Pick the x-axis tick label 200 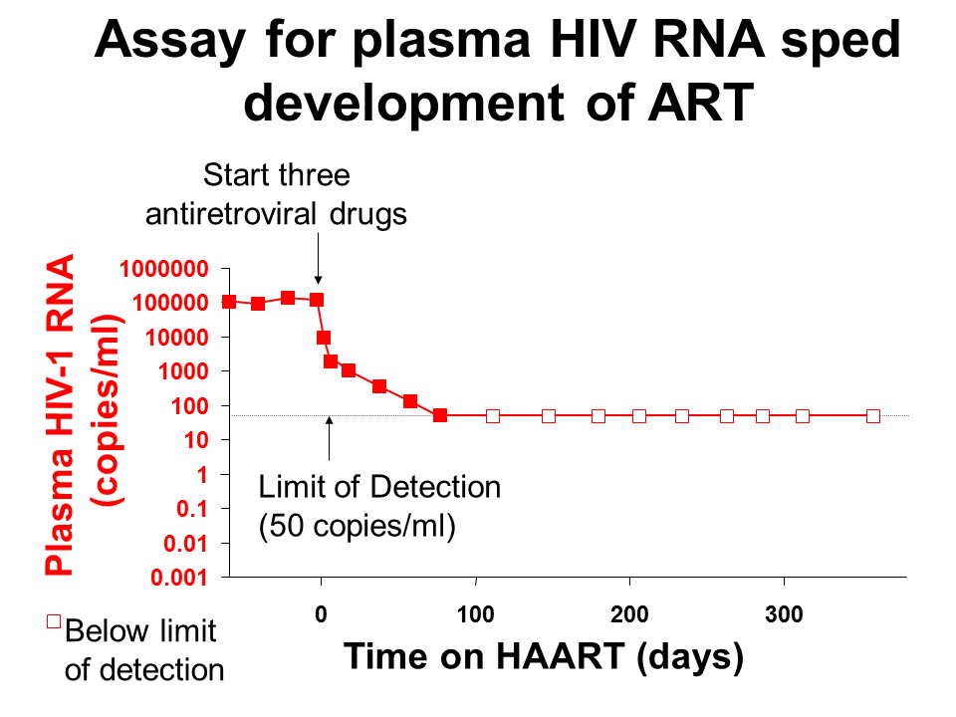point(629,615)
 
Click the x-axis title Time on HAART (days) point(543,656)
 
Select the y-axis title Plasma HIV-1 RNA point(62,415)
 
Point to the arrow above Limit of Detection point(330,439)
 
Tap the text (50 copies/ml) point(357,526)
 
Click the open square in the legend point(55,624)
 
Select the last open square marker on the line point(873,416)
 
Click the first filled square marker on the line point(229,301)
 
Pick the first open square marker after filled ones point(492,416)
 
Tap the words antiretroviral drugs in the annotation point(276,213)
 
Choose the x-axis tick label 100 point(476,615)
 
